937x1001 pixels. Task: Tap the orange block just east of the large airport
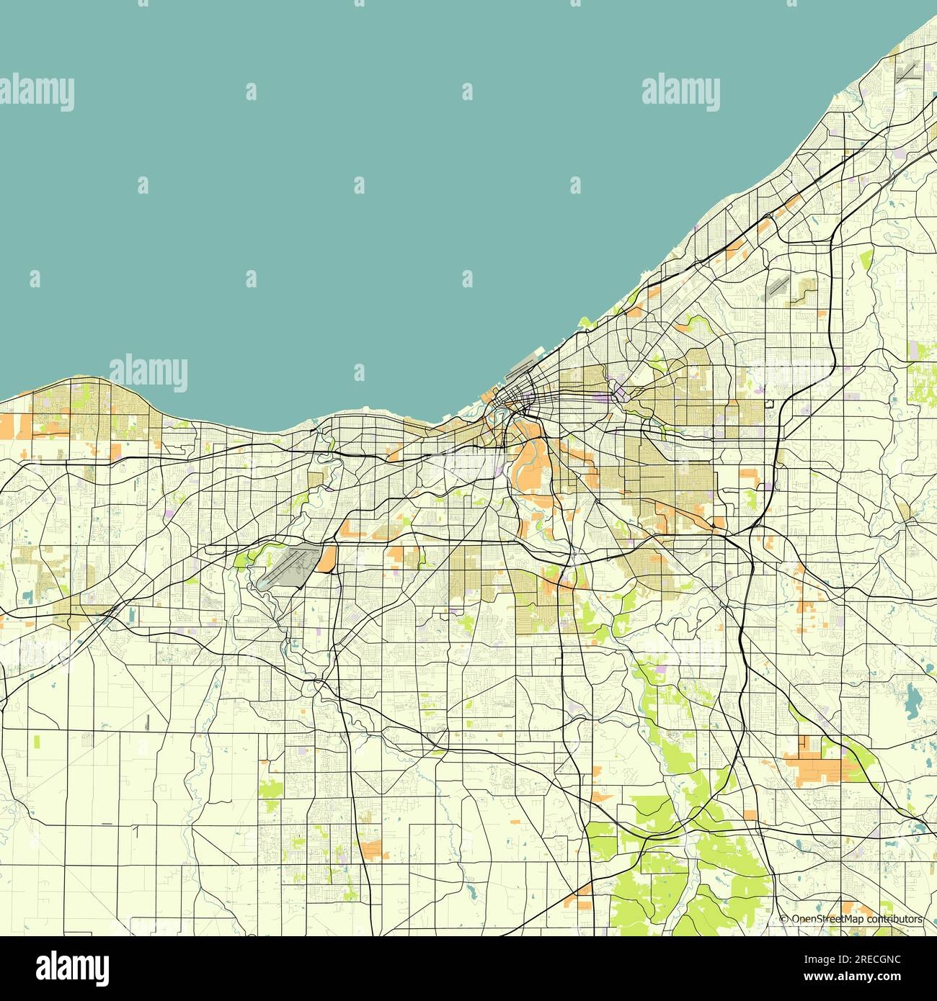(x=328, y=558)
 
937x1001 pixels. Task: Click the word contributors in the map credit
(x=894, y=919)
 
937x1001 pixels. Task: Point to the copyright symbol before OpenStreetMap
(x=784, y=919)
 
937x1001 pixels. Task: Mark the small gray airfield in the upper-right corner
(x=907, y=72)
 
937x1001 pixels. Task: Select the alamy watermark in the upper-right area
(x=680, y=92)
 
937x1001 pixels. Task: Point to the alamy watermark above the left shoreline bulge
(x=148, y=372)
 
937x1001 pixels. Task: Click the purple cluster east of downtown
(x=617, y=393)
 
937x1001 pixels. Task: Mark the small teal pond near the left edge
(x=27, y=596)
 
